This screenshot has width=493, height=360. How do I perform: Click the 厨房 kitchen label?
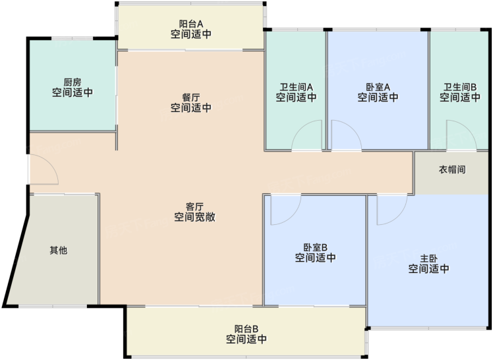click(72, 82)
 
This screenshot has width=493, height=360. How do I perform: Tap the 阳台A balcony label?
click(191, 24)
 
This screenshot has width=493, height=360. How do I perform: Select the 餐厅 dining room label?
click(191, 97)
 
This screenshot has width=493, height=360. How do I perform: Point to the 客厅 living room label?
click(194, 206)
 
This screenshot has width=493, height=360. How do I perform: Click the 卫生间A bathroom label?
click(296, 87)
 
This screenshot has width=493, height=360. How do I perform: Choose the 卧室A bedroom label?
click(378, 87)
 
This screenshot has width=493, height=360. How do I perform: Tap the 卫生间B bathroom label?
click(460, 87)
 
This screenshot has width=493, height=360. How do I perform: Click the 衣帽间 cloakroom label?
click(452, 170)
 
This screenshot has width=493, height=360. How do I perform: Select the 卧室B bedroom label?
click(315, 247)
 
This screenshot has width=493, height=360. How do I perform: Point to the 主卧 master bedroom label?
click(429, 258)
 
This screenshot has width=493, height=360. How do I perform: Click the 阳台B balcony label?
click(246, 329)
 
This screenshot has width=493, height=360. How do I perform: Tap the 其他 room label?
click(59, 251)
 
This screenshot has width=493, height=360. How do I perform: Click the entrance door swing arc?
click(52, 164)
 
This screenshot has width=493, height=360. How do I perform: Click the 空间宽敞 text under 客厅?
click(194, 217)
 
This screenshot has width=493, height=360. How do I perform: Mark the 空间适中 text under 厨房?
click(72, 92)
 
